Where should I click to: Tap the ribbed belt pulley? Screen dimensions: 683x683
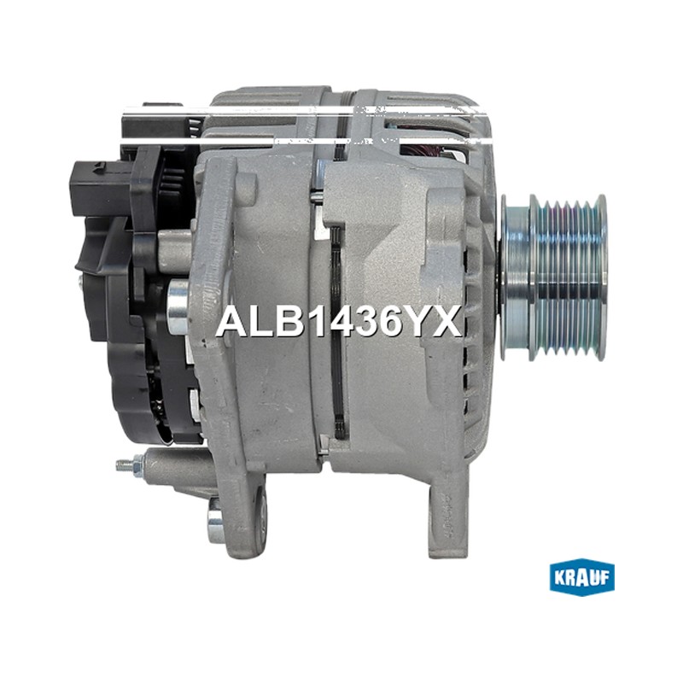click(x=554, y=277)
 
